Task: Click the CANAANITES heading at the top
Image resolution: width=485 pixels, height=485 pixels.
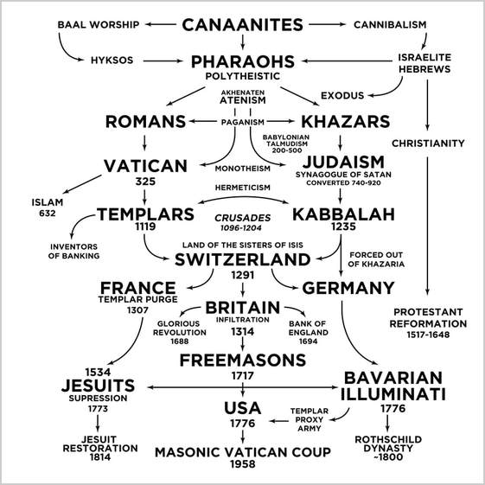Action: tap(242, 25)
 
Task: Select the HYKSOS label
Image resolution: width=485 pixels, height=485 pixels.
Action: tap(112, 60)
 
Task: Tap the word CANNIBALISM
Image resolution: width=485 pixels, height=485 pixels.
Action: tap(390, 24)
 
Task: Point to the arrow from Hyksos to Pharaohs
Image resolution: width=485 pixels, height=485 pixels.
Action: tap(163, 61)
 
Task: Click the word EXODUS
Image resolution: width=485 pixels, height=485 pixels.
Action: tap(342, 95)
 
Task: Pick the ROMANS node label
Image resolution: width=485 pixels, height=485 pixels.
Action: tap(145, 122)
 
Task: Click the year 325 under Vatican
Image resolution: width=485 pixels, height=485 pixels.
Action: tap(145, 182)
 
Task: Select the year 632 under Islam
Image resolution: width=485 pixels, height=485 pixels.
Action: tap(48, 214)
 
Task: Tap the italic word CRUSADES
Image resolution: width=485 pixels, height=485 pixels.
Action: tap(242, 218)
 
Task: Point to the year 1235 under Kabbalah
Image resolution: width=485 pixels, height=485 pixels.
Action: tap(343, 227)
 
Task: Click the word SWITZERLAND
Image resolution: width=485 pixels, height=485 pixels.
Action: tap(242, 259)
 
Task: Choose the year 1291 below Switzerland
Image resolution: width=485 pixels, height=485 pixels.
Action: tap(242, 275)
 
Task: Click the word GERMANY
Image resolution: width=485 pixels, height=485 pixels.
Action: tap(348, 288)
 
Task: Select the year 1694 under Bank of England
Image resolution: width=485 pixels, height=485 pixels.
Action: tap(309, 341)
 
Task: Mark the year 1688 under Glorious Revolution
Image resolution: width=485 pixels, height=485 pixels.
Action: tap(180, 341)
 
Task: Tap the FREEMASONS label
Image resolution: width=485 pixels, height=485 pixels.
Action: tap(242, 360)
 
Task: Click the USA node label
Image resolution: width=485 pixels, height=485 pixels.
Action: tap(242, 408)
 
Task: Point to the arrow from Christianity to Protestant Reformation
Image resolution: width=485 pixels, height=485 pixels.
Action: tap(427, 226)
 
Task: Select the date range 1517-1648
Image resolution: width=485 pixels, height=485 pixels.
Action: tap(428, 335)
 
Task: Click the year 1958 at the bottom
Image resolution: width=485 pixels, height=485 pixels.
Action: tap(242, 464)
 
